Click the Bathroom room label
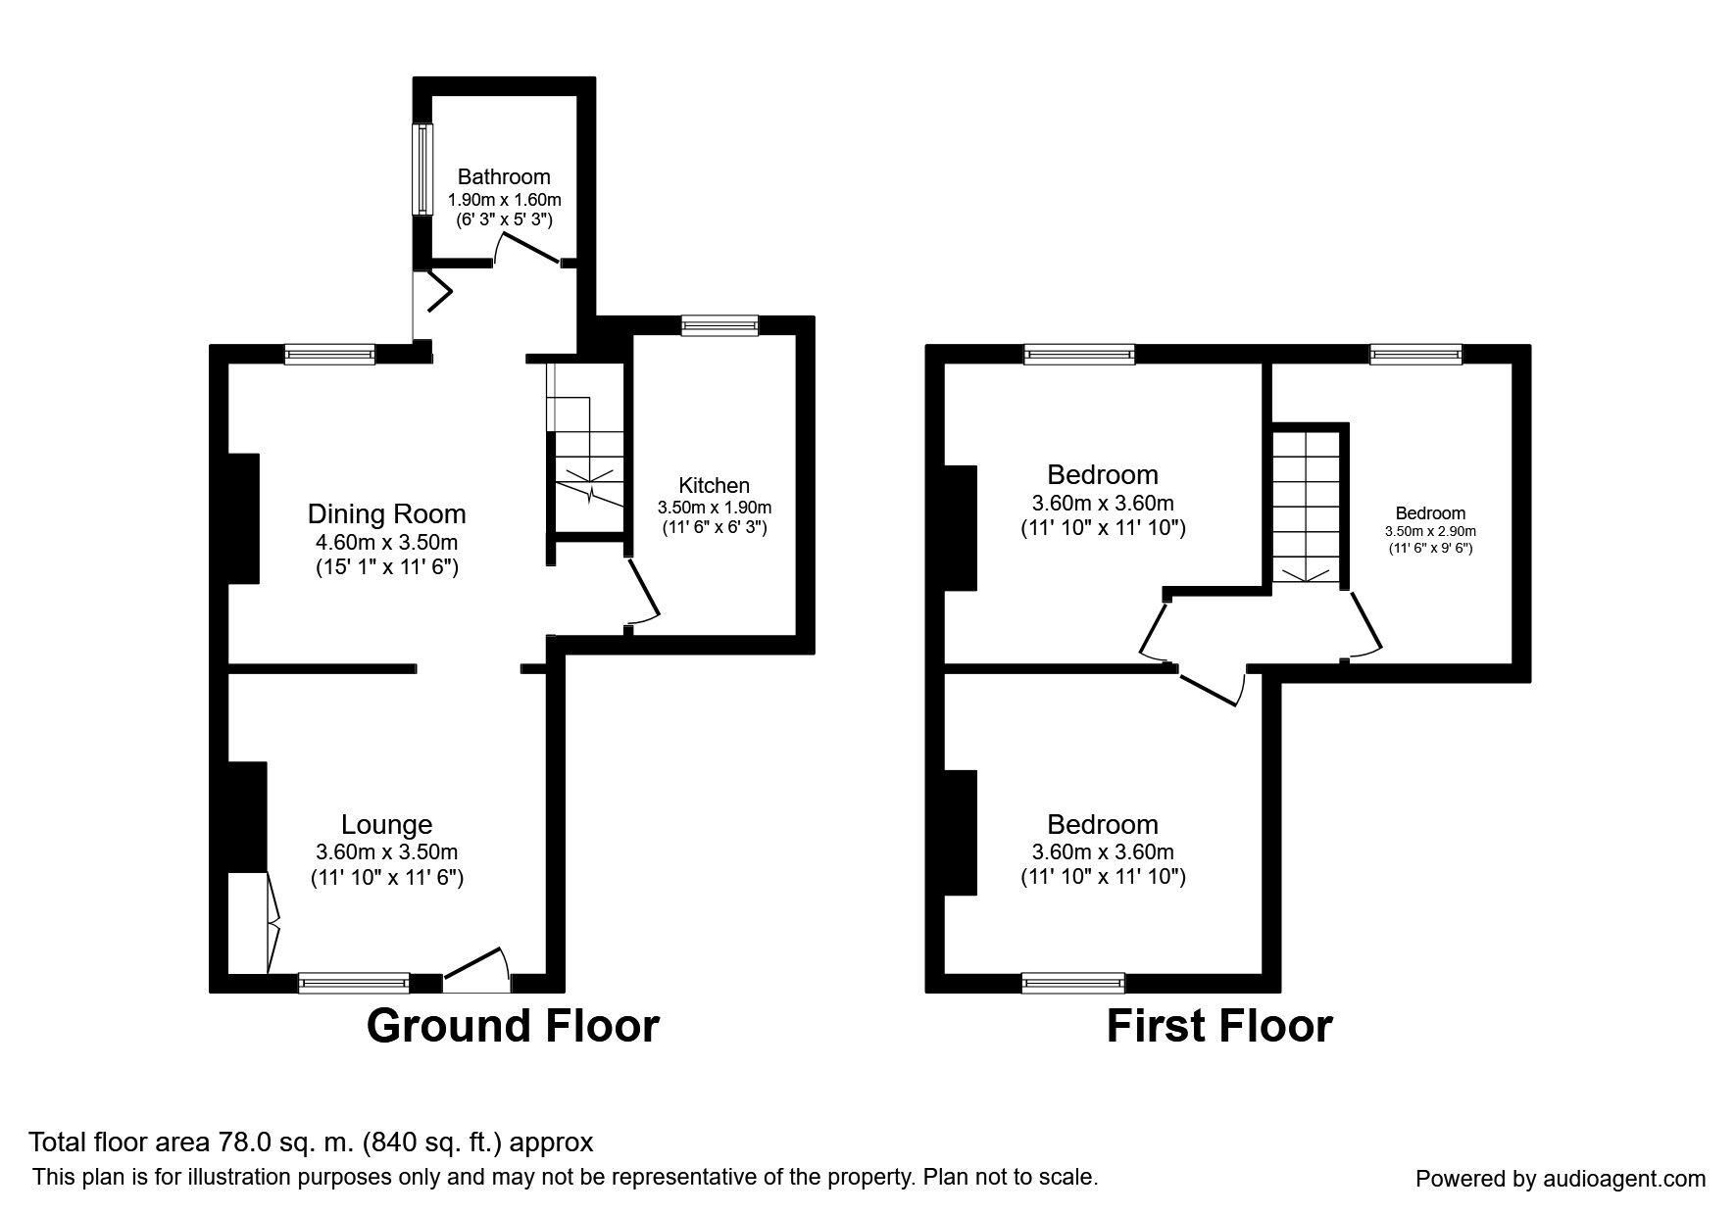[504, 177]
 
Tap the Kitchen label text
[714, 485]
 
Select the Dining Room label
[386, 514]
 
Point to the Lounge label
[386, 825]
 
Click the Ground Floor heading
[513, 1026]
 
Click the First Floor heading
[1219, 1026]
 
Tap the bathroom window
[422, 169]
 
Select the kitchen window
[720, 325]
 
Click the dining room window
[330, 355]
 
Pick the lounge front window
[354, 983]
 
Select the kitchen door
[643, 591]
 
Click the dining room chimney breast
[243, 518]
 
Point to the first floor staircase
[1306, 506]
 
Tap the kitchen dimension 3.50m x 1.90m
[714, 508]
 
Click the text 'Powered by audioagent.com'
[1561, 1179]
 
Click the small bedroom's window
[1415, 355]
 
